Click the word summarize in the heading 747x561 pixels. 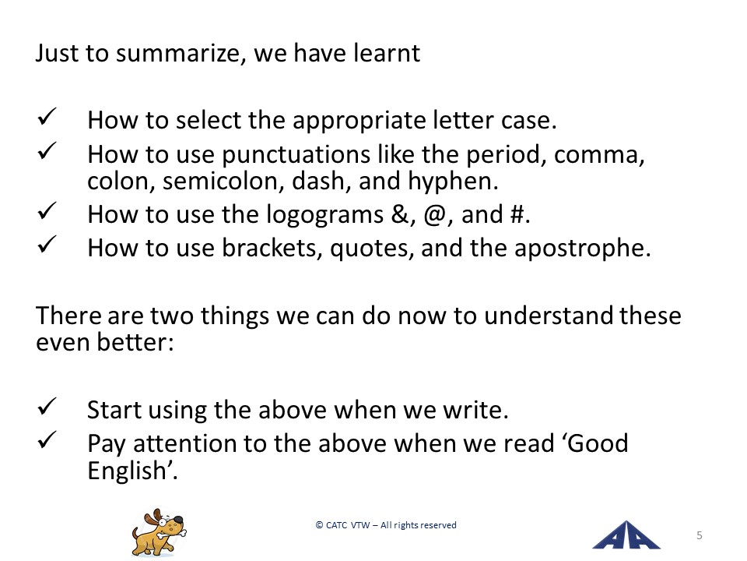(x=181, y=53)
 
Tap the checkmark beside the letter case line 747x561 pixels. (x=47, y=117)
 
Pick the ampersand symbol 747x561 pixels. (x=399, y=214)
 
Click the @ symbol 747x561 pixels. (x=433, y=215)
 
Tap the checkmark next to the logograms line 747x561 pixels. (x=47, y=211)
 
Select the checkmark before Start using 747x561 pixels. (x=47, y=407)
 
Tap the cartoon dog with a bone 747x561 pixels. (x=159, y=532)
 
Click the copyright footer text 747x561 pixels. (x=386, y=525)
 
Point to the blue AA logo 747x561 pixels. (x=626, y=535)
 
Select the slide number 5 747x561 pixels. (x=700, y=535)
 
